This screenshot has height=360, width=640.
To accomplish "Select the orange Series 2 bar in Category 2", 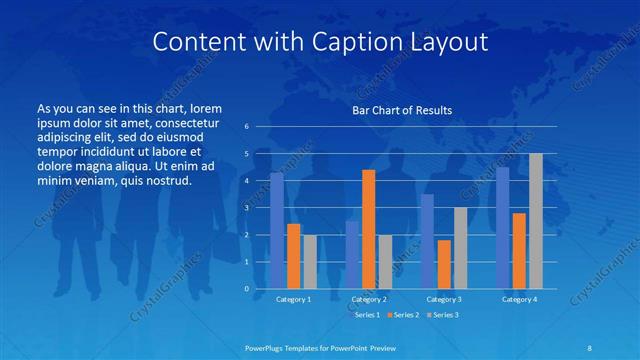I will pos(368,229).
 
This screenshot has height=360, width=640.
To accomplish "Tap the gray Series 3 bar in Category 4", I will pos(536,221).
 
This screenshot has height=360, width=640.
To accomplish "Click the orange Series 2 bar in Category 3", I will pos(444,264).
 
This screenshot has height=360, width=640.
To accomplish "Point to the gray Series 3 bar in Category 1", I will pos(310,262).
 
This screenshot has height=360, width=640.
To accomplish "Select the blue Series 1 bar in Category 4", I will pos(502,227).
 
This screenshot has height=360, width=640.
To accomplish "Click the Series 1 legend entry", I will pos(365,315).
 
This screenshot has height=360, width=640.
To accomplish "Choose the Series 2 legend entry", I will pos(403,315).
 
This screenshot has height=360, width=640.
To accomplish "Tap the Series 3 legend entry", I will pos(442,315).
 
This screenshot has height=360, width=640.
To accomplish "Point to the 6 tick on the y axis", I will pos(246,127).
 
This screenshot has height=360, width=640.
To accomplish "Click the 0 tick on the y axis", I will pos(246,289).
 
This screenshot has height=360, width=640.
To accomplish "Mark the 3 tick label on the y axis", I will pos(246,208).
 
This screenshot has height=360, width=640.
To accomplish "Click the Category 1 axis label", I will pos(294,299).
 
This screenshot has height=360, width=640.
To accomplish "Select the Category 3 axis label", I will pos(444,299).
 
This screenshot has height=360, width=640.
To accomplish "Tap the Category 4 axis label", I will pos(519,299).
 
